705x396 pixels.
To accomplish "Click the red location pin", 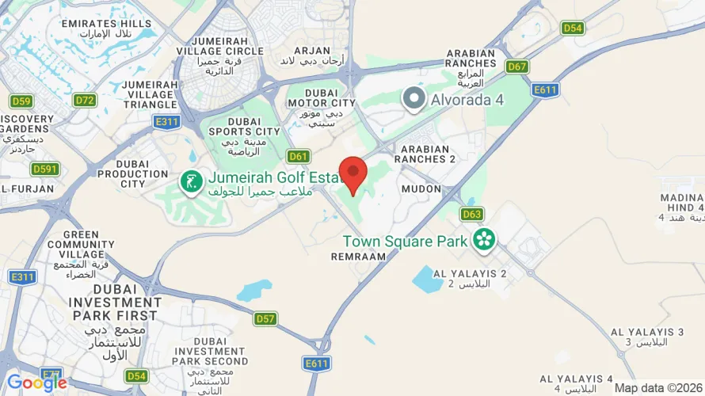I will tap(352, 173).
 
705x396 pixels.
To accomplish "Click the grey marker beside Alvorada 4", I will tap(413, 100).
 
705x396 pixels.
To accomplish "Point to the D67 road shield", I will tap(517, 67).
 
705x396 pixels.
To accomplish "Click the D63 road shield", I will tap(472, 214).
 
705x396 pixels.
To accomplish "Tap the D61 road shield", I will tap(299, 156).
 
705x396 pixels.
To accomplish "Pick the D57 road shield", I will tap(266, 318).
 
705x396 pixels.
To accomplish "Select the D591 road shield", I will tap(45, 169).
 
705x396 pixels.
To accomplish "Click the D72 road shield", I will tap(85, 100).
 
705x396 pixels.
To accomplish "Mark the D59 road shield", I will tap(21, 101).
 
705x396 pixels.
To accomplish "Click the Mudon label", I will tap(421, 189).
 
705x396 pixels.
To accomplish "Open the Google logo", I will tap(36, 383).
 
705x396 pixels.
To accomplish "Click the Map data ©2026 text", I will tap(657, 387).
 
